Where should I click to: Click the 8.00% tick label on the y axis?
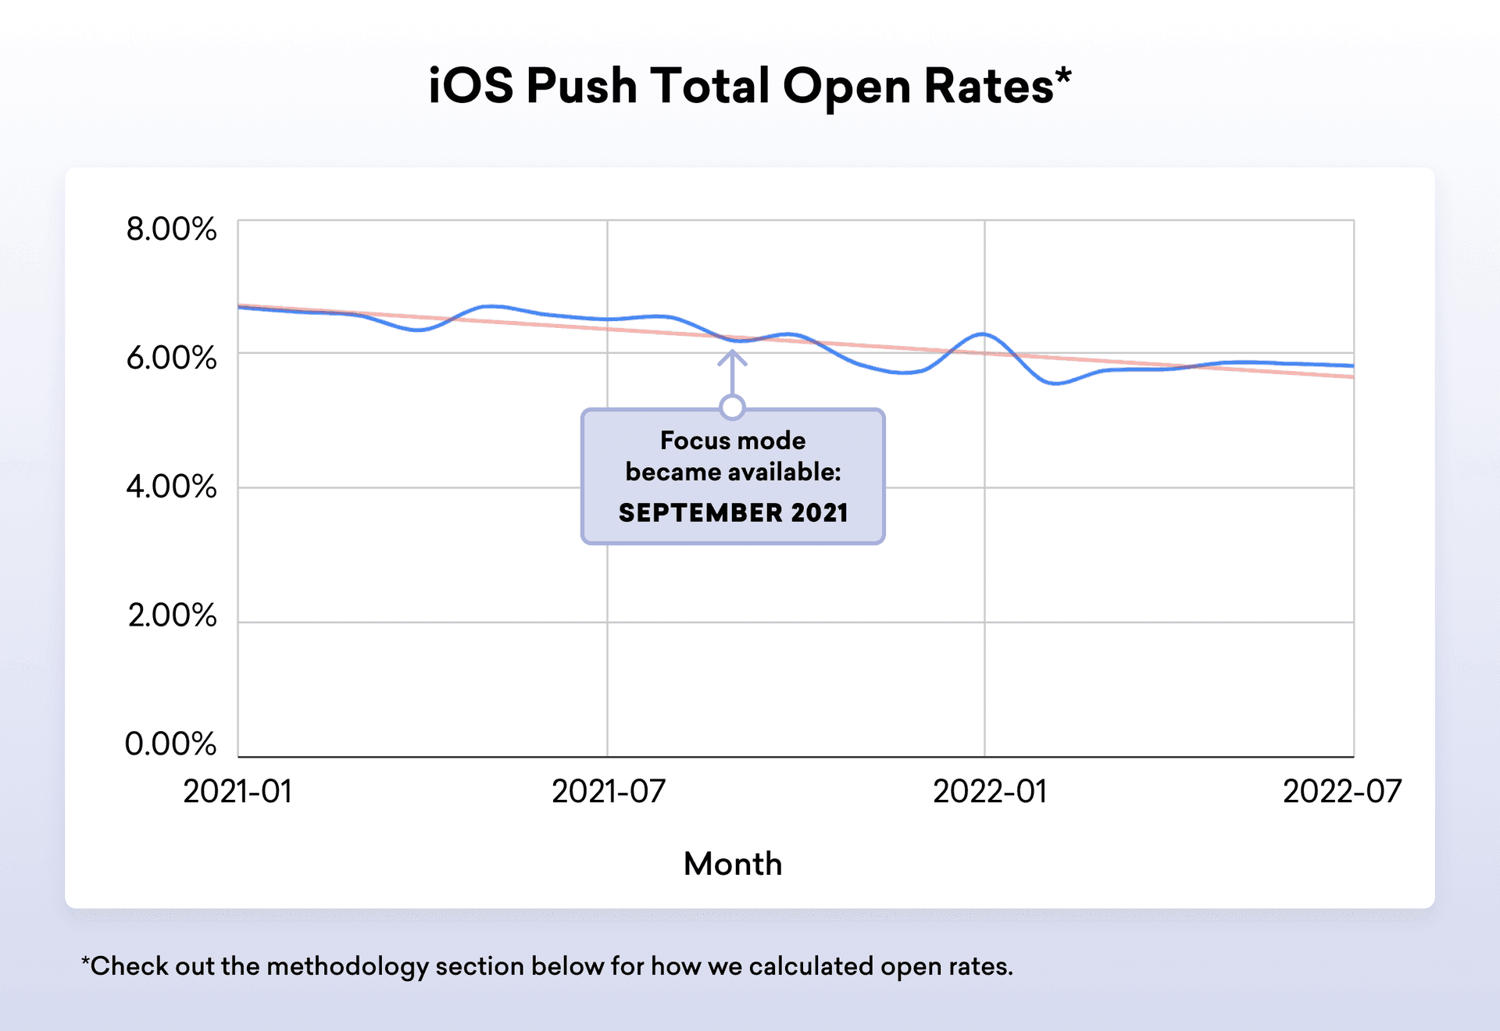(x=171, y=230)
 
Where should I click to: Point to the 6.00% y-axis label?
(x=171, y=358)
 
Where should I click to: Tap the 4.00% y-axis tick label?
(x=171, y=487)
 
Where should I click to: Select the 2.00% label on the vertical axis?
(x=172, y=615)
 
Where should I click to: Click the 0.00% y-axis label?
(x=170, y=744)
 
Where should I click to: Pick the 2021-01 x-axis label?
(x=237, y=791)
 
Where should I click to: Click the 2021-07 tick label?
(x=609, y=791)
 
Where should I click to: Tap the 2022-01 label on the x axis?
(x=990, y=791)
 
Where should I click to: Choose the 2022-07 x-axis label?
(x=1342, y=791)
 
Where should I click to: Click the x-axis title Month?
(x=733, y=864)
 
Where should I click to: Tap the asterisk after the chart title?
(x=1063, y=76)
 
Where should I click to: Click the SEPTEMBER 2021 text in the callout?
(x=733, y=512)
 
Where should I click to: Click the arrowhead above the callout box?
(x=732, y=357)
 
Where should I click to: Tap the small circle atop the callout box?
(x=733, y=407)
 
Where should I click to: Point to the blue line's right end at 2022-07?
(x=1352, y=366)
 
